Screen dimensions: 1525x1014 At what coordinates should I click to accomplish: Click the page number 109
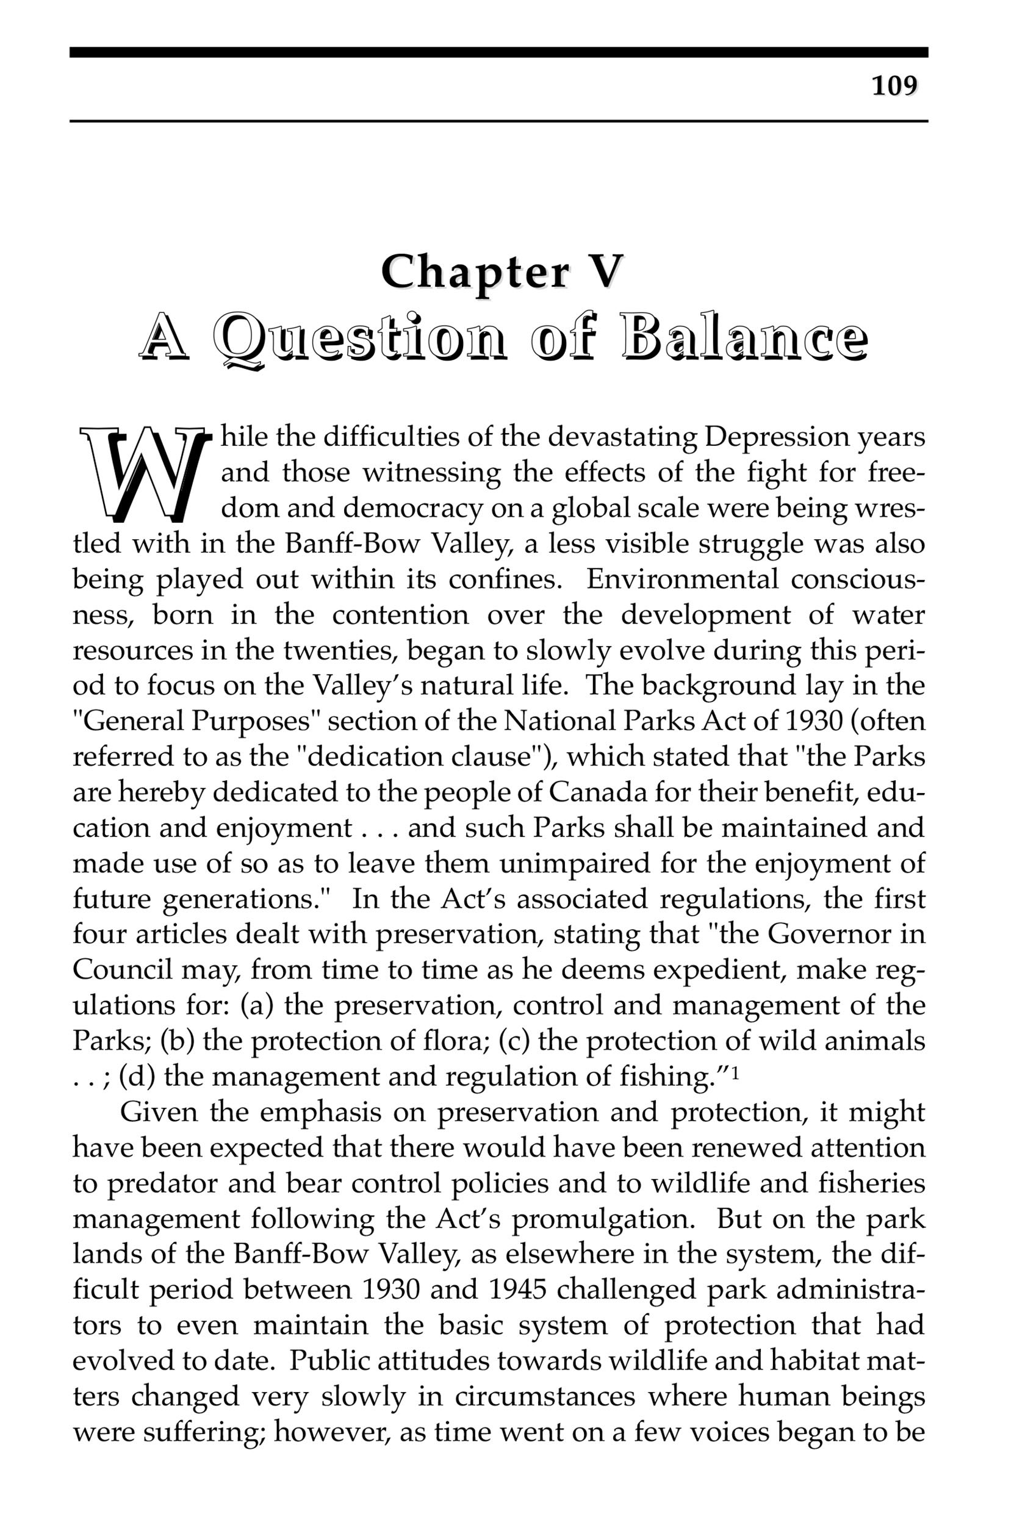pos(894,85)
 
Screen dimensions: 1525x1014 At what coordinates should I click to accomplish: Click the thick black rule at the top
pos(498,52)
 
